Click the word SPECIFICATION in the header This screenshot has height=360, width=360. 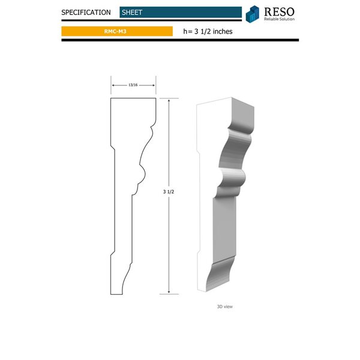[x=86, y=12]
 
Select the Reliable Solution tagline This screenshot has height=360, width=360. [x=278, y=19]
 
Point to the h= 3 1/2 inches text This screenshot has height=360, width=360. [x=208, y=31]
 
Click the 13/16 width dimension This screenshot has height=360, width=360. [x=134, y=85]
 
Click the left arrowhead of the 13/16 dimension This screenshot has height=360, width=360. [x=113, y=85]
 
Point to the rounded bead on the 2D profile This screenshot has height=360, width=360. [x=145, y=175]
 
